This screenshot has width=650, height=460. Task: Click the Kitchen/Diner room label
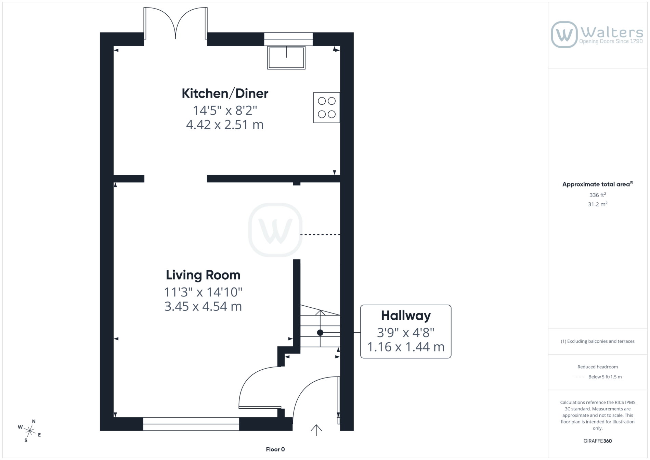[225, 93]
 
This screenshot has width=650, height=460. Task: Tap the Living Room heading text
[203, 275]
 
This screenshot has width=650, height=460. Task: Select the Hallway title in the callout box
[406, 316]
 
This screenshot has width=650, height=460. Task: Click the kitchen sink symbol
[286, 57]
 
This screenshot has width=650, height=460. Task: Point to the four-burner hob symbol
[327, 107]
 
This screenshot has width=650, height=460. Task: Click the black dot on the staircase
[320, 332]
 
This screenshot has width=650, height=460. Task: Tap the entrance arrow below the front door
[316, 430]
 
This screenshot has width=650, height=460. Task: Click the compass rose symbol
[30, 431]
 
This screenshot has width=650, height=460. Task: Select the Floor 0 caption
[275, 449]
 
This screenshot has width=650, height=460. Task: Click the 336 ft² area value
[598, 195]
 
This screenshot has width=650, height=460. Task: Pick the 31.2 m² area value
[598, 204]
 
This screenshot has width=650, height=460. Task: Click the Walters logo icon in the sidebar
[564, 35]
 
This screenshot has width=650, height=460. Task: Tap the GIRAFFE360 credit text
[598, 441]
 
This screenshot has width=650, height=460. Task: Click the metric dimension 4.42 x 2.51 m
[225, 125]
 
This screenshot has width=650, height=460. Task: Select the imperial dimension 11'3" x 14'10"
[203, 292]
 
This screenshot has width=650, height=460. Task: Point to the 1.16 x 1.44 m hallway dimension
[406, 347]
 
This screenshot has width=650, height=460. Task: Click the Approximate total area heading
[598, 184]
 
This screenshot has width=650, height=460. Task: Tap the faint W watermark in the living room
[275, 230]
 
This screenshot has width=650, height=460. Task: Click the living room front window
[191, 424]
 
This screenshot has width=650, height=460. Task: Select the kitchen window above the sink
[288, 39]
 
